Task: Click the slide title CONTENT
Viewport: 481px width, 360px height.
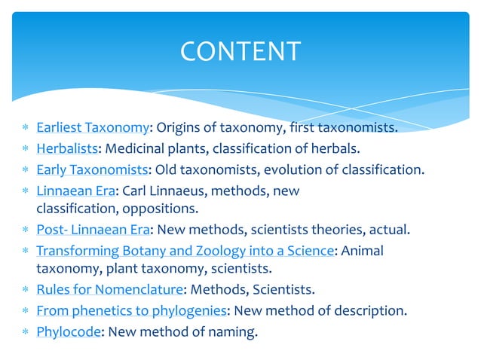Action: click(240, 51)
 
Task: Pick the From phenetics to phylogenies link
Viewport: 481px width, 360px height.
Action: click(131, 310)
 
